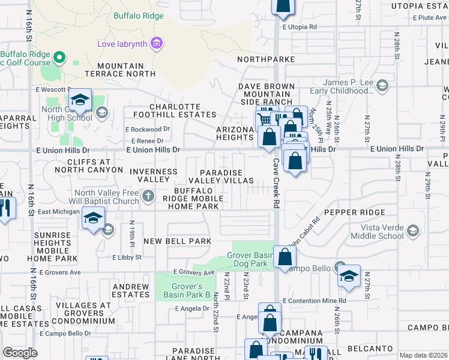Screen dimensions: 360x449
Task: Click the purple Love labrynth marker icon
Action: (x=157, y=43)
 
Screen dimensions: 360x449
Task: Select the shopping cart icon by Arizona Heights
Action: (x=264, y=119)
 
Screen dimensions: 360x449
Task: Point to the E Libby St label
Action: (x=127, y=257)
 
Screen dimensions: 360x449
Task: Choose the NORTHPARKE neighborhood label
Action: (x=266, y=59)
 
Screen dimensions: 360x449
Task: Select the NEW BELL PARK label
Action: (x=177, y=241)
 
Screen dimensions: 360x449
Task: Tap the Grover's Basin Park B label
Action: (x=186, y=290)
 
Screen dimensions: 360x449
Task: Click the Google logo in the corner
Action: (x=20, y=353)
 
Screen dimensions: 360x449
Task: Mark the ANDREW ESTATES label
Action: (x=131, y=290)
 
